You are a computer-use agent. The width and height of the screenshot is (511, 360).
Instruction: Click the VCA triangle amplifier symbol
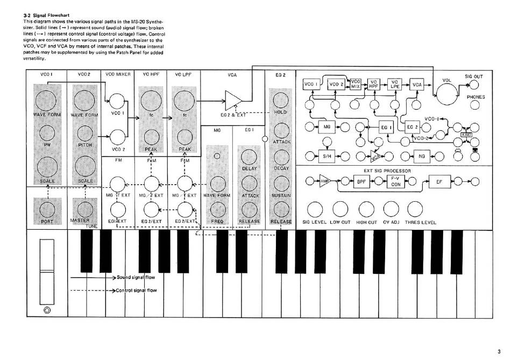click(233, 100)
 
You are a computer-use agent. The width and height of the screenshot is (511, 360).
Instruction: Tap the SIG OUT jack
click(474, 85)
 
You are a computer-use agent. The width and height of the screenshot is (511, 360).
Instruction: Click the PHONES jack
click(475, 105)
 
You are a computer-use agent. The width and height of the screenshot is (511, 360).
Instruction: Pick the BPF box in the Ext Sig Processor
click(361, 182)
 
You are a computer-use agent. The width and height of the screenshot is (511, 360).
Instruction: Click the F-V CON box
click(395, 182)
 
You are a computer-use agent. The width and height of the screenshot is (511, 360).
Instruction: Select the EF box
click(439, 182)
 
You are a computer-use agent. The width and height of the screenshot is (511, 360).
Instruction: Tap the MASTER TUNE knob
click(84, 207)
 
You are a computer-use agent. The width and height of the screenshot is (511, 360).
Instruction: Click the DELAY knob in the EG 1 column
click(249, 157)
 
